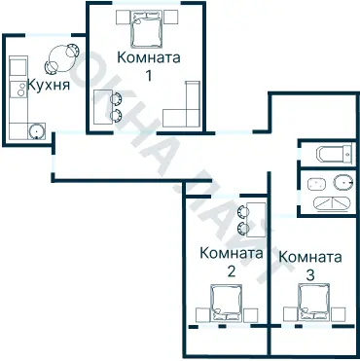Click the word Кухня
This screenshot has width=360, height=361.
48,85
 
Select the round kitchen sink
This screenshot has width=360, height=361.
37,131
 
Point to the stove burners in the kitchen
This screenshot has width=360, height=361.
17,90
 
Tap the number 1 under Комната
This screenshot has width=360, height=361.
149,74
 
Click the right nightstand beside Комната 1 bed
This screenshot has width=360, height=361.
171,18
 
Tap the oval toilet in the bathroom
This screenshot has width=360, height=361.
340,181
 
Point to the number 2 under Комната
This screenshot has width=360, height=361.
231,271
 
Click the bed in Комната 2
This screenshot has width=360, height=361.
231,304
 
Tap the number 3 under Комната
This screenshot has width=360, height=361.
309,275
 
